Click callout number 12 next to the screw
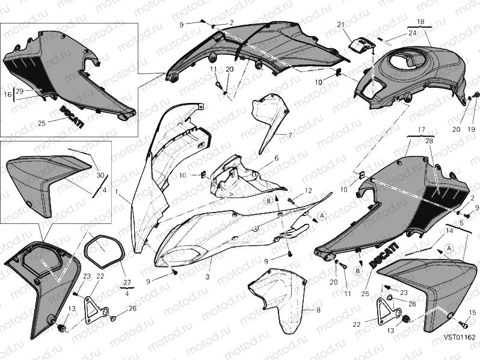(x=308, y=191)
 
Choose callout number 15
(x=472, y=312)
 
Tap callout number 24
(x=411, y=33)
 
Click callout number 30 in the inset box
(x=100, y=175)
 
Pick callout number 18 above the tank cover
(x=420, y=22)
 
